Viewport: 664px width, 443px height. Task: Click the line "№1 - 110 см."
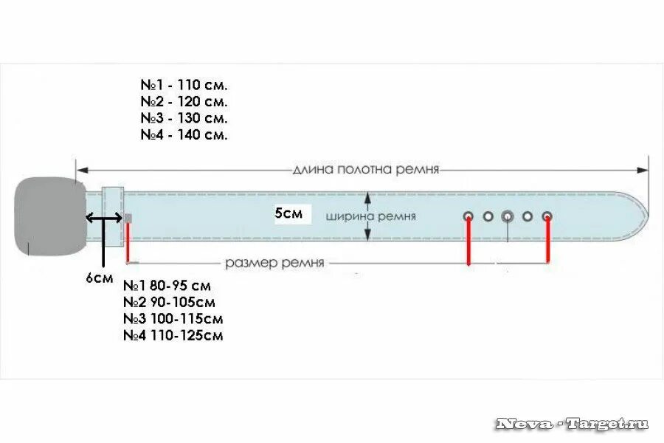[x=184, y=84]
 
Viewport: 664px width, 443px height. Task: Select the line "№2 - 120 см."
[x=184, y=101]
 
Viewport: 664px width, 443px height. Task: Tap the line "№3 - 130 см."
[x=184, y=118]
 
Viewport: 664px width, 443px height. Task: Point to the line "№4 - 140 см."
[x=184, y=135]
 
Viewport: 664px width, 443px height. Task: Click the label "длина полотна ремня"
[x=366, y=169]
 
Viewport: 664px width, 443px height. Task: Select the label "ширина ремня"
[x=371, y=216]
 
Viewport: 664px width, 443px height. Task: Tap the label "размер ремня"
[x=274, y=262]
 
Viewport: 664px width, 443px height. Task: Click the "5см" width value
[x=288, y=213]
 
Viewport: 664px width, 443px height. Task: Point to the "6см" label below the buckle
[x=100, y=278]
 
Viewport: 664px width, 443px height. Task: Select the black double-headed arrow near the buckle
[x=104, y=218]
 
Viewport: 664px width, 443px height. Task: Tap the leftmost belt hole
[x=468, y=216]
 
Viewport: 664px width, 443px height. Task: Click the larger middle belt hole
[x=508, y=216]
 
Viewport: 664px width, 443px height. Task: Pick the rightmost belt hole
[x=547, y=216]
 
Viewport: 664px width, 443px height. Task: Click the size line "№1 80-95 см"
[x=167, y=286]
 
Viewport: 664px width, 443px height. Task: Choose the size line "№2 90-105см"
[x=169, y=302]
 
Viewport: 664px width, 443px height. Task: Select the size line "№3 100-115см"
[x=173, y=319]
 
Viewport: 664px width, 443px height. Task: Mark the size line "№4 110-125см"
[x=173, y=336]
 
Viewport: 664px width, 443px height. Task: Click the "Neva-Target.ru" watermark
[x=572, y=424]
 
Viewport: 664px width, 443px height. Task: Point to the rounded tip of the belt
[x=640, y=216]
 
